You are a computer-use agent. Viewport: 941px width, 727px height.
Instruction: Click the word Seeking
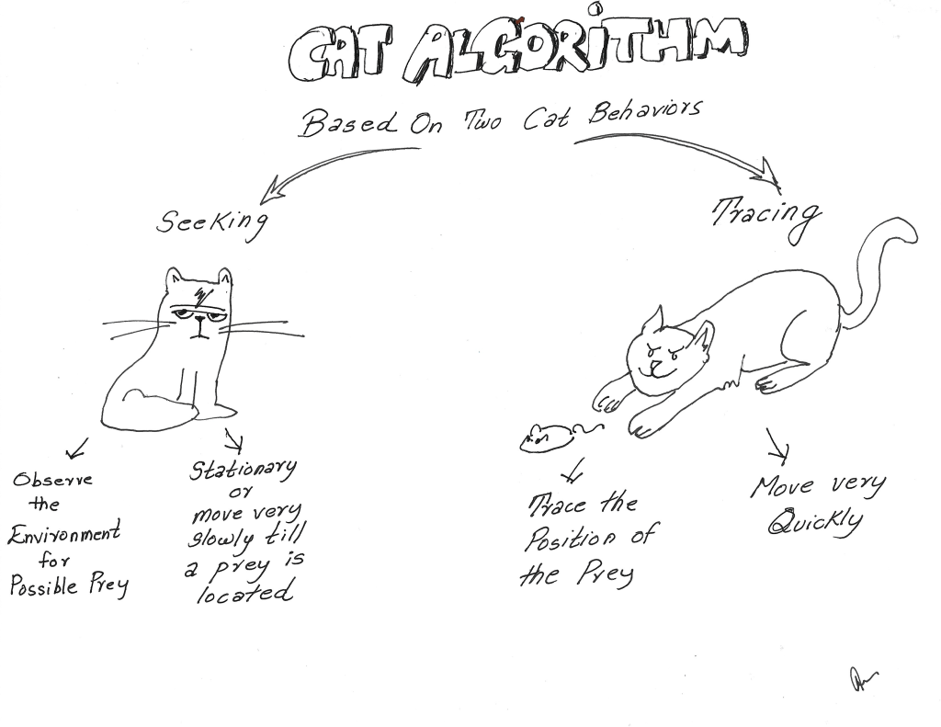point(212,222)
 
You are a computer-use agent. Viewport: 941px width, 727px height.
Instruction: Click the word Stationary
point(243,471)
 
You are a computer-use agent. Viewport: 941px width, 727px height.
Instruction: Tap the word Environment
point(63,533)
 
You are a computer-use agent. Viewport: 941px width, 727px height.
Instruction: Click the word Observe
point(52,480)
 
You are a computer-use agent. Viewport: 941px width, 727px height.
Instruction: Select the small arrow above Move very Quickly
point(778,447)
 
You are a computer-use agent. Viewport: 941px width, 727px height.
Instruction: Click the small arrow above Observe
point(77,448)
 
